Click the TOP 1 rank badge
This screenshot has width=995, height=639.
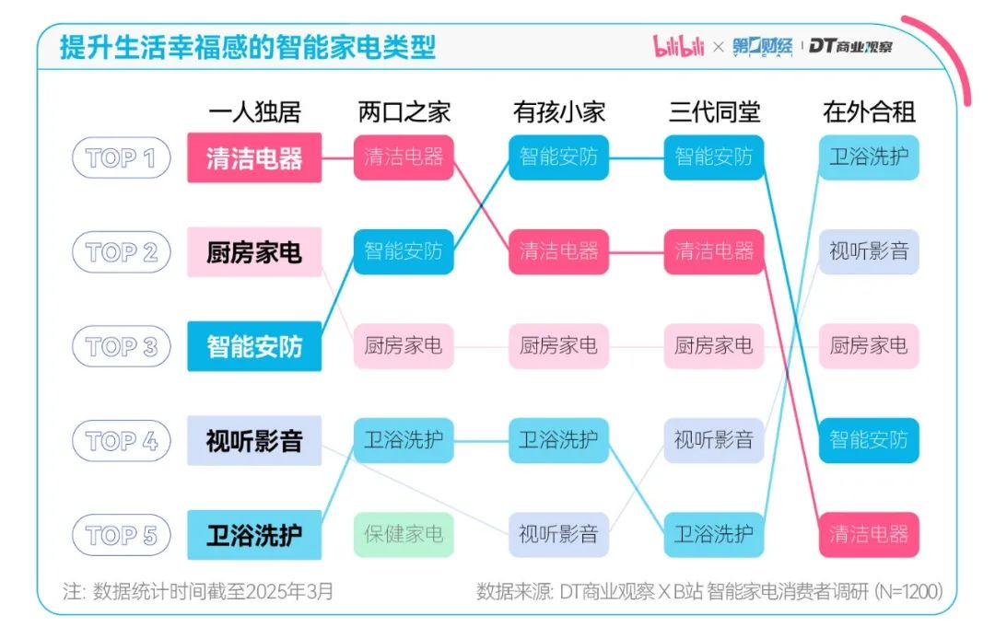(121, 157)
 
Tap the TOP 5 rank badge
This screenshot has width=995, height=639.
(121, 535)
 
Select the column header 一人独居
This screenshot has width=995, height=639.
(254, 112)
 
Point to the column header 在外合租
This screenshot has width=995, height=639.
(869, 112)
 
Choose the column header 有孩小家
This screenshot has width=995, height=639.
(559, 112)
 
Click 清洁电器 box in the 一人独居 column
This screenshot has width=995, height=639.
(254, 157)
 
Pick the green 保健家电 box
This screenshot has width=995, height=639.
(404, 533)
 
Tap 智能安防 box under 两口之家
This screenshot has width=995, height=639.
(404, 251)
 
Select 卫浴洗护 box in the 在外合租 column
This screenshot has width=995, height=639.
(869, 157)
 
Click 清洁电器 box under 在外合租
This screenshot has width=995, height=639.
(869, 534)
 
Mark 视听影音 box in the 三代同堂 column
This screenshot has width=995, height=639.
(714, 440)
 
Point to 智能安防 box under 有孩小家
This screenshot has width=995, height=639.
(559, 157)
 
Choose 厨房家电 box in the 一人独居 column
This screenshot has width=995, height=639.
(254, 251)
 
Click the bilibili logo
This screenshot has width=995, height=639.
(678, 46)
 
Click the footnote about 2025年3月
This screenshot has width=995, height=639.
(198, 591)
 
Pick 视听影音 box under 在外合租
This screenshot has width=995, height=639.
(869, 251)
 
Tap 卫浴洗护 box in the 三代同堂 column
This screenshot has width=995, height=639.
(714, 534)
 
